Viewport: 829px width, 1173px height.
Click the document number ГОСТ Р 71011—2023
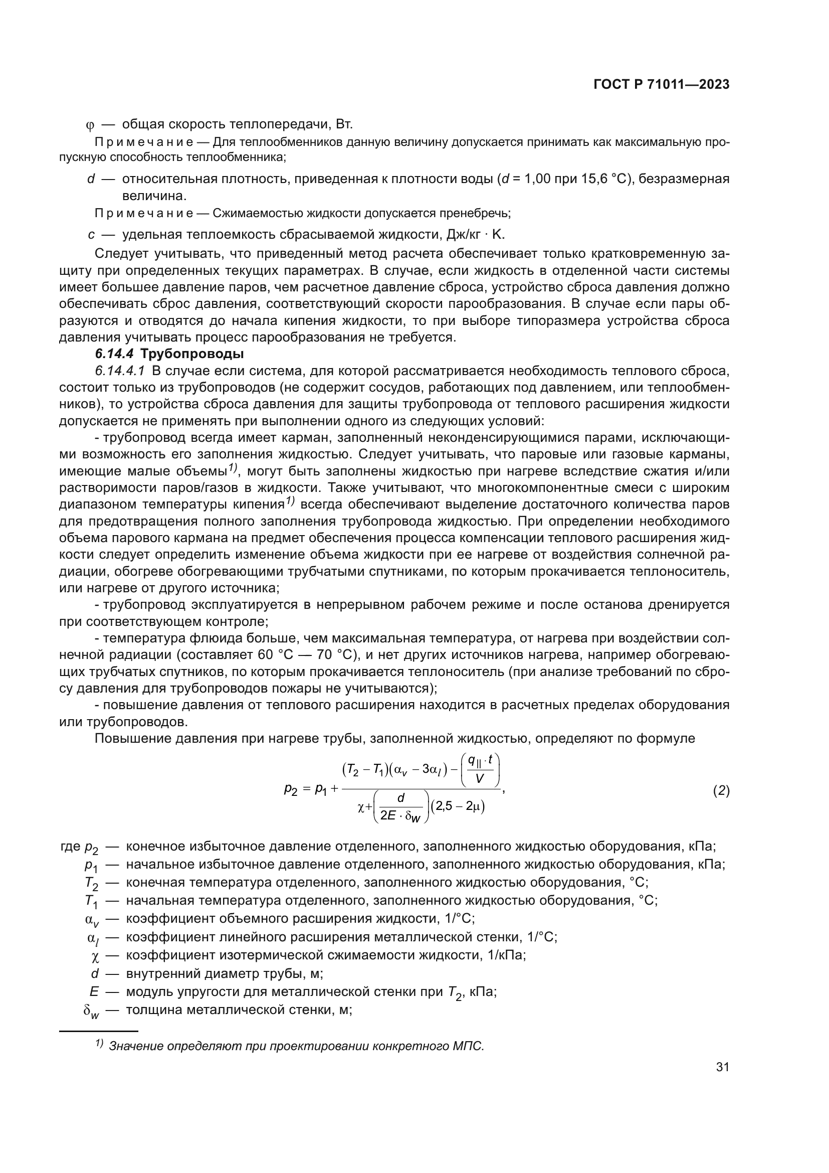[661, 85]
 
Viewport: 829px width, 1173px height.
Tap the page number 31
[722, 1067]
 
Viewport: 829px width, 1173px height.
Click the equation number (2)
[721, 791]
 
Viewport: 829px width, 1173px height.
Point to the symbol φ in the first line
[91, 125]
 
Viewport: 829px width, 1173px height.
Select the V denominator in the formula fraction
[480, 778]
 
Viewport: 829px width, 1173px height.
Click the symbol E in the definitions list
[93, 992]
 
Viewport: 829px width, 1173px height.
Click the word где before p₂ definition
[71, 847]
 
